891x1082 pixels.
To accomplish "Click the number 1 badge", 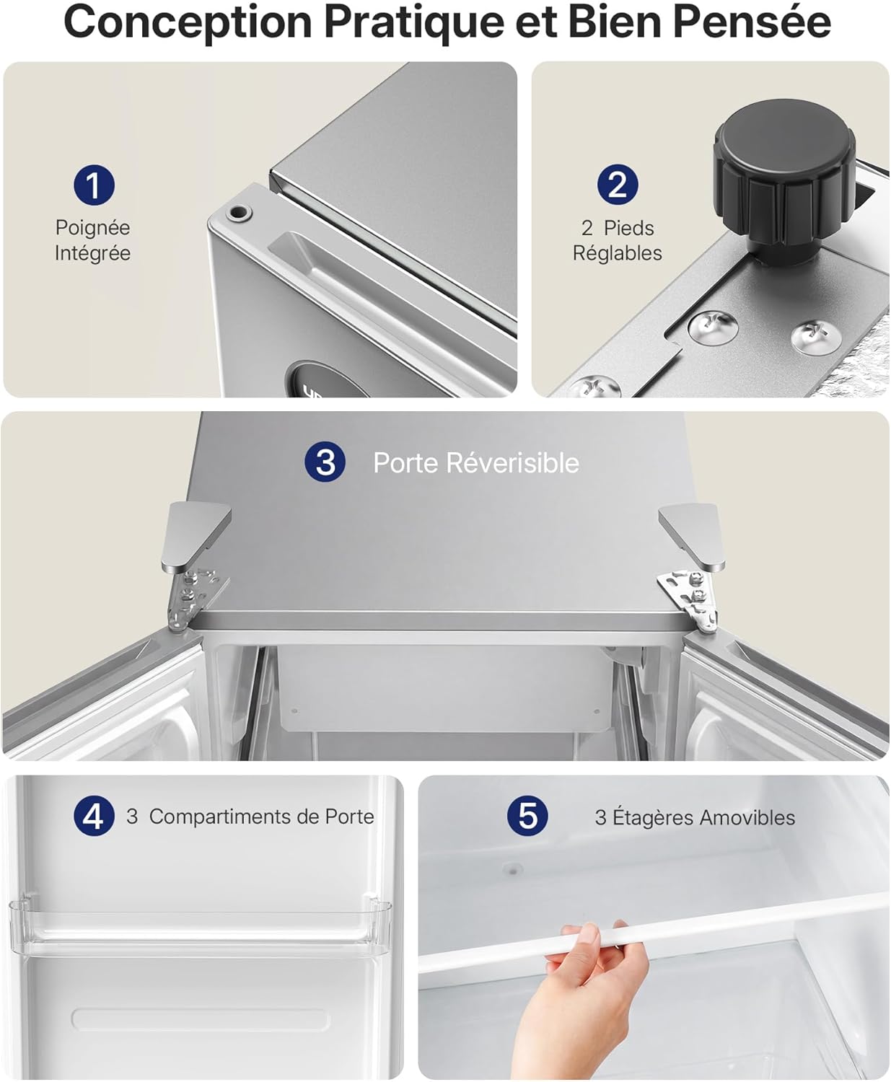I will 94,185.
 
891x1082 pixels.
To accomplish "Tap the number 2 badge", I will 618,185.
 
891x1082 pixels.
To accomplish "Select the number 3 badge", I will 325,462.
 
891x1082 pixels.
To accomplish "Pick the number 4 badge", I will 94,817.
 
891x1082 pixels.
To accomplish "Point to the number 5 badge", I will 527,817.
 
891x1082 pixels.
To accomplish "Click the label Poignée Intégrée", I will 92,240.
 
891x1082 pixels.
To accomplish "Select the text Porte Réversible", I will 475,463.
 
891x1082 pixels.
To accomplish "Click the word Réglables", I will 618,253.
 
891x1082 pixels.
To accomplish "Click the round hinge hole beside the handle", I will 237,213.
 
